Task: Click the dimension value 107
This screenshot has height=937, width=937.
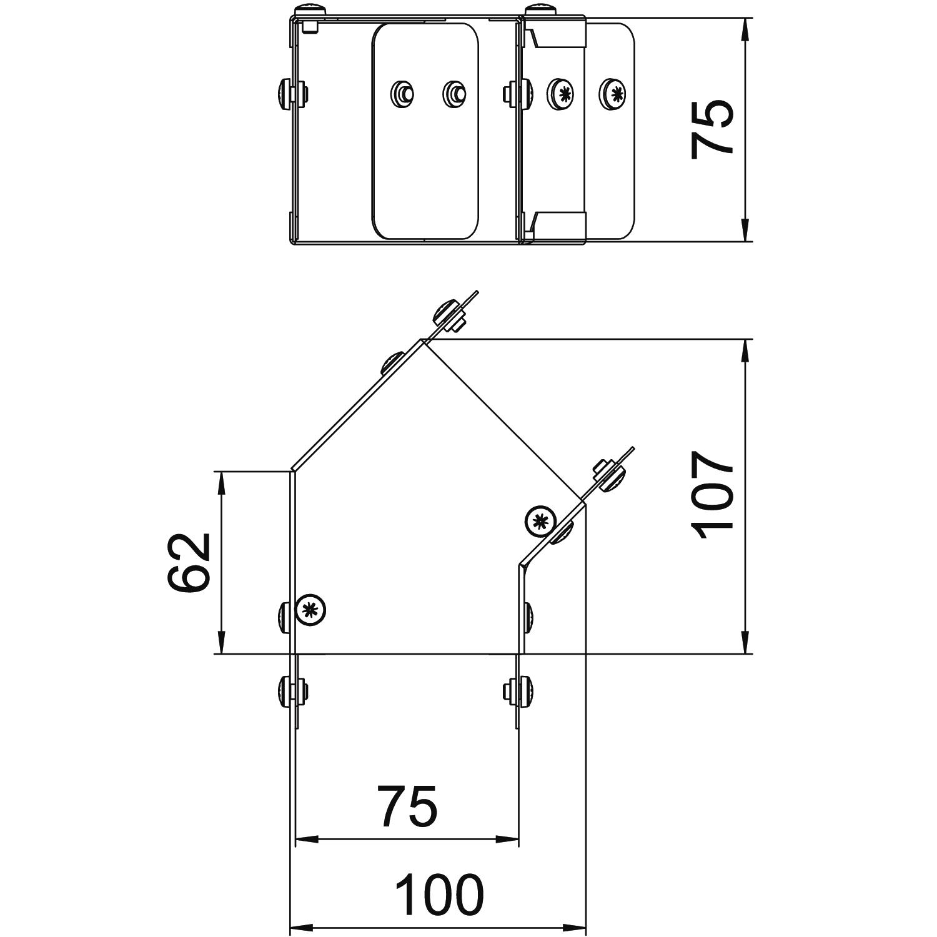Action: tap(713, 495)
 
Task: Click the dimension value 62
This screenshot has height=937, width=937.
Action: tap(187, 562)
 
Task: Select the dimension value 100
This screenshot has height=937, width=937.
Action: tap(441, 895)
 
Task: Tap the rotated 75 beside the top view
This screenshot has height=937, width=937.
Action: tap(713, 128)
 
